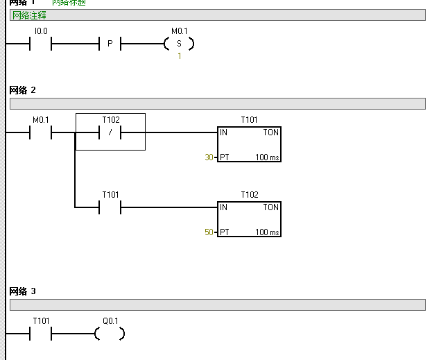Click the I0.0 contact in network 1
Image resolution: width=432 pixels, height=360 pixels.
point(41,44)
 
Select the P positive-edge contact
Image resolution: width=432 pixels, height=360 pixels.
point(110,44)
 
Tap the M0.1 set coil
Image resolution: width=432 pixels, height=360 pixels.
point(179,44)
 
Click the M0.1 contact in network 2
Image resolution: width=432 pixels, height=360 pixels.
point(41,132)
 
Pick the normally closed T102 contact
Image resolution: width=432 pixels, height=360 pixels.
point(110,132)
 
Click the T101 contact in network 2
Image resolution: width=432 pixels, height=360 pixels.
point(110,207)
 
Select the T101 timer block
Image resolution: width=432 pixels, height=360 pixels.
point(249,144)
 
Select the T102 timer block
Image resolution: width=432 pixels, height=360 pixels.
point(249,218)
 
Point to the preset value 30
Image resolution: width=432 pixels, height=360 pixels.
point(209,157)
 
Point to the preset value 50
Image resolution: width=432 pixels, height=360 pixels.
point(209,232)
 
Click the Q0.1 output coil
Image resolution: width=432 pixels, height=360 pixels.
point(110,334)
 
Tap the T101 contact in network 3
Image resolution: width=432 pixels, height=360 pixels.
point(41,334)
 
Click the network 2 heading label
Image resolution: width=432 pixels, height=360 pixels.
point(22,91)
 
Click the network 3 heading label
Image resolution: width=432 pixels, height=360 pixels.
point(22,291)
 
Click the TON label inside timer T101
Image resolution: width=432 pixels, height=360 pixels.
point(270,132)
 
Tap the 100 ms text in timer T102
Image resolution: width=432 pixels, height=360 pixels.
point(267,232)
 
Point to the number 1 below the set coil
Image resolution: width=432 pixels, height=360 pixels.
point(179,56)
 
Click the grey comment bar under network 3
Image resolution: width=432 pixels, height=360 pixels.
point(217,305)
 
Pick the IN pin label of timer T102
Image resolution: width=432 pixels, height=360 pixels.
point(224,207)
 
